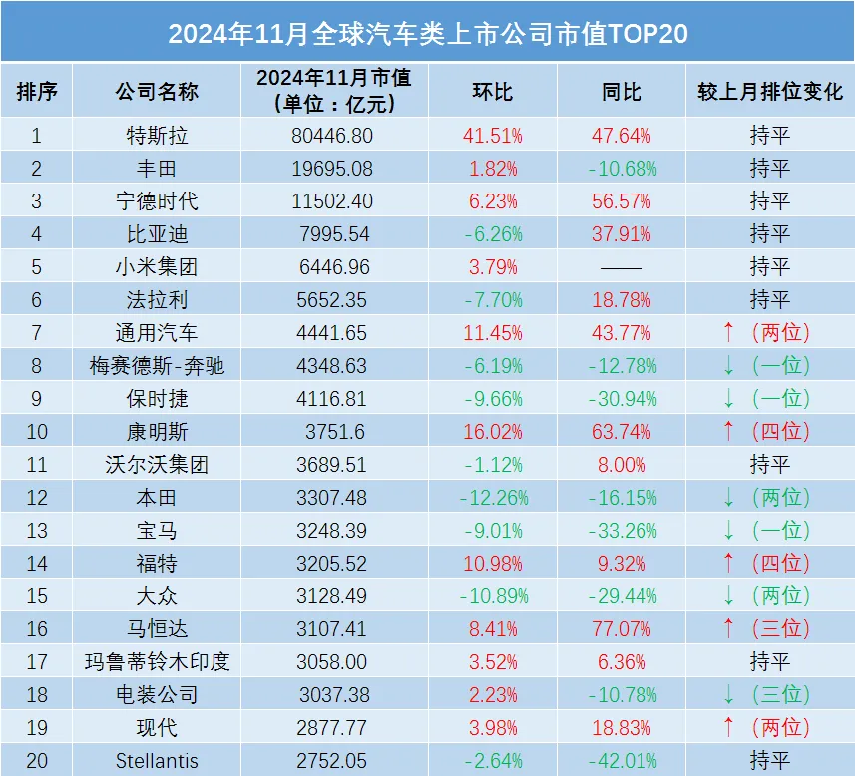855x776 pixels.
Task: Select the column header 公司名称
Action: [x=157, y=92]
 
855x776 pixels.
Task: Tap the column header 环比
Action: [x=492, y=92]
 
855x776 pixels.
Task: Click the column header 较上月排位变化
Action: [x=769, y=92]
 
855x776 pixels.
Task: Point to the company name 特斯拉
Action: [x=157, y=136]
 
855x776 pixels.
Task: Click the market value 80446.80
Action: [x=334, y=136]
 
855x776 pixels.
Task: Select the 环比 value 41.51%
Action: [x=492, y=136]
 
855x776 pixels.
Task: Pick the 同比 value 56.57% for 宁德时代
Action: [x=621, y=201]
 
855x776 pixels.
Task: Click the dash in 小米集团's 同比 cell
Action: [x=621, y=267]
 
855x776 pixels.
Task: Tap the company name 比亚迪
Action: [x=157, y=234]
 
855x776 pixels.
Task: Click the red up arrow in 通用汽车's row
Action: [x=728, y=333]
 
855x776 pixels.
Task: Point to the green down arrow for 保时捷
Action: [x=728, y=399]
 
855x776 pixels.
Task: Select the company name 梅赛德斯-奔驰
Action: [x=157, y=366]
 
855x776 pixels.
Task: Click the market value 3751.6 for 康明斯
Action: [x=334, y=432]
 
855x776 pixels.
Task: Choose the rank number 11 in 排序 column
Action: [x=36, y=465]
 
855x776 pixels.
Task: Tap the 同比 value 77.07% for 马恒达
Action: [x=621, y=629]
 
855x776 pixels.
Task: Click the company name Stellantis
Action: [x=157, y=761]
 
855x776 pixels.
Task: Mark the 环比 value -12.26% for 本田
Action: [x=492, y=498]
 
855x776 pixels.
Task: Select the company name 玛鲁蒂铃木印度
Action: [x=157, y=662]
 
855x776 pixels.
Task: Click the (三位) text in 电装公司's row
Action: [x=781, y=695]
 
